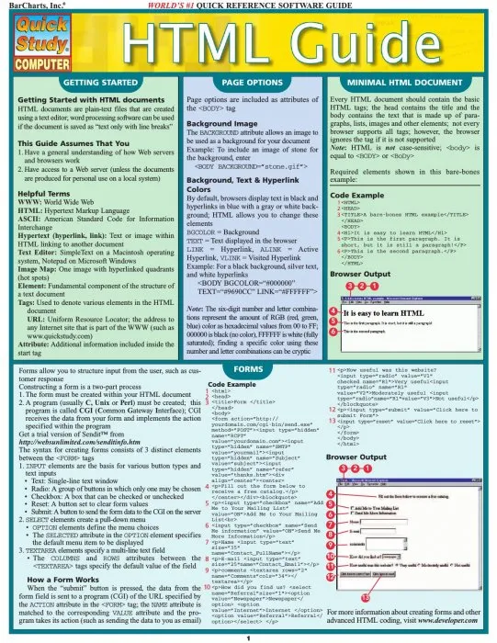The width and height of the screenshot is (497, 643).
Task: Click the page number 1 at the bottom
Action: pyautogui.click(x=248, y=633)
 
